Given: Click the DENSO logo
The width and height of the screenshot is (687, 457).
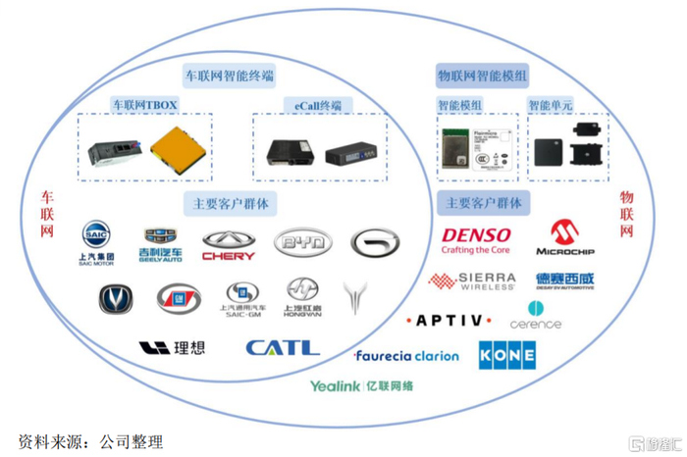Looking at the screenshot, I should (x=476, y=240).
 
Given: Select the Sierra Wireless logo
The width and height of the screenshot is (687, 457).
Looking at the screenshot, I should (x=472, y=281).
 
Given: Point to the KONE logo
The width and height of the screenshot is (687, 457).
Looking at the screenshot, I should (x=506, y=355).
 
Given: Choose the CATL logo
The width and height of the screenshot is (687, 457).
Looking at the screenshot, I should (x=283, y=347).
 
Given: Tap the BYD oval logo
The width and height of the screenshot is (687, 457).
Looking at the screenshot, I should (x=302, y=241).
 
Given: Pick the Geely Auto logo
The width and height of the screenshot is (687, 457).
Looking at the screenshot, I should (x=162, y=244).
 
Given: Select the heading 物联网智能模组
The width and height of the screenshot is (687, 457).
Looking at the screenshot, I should (x=482, y=75).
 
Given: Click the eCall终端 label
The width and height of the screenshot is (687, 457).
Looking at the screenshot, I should (x=318, y=103).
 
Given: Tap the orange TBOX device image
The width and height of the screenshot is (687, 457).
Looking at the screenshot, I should (x=179, y=151).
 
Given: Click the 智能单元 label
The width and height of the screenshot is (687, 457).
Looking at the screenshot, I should (x=551, y=104).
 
